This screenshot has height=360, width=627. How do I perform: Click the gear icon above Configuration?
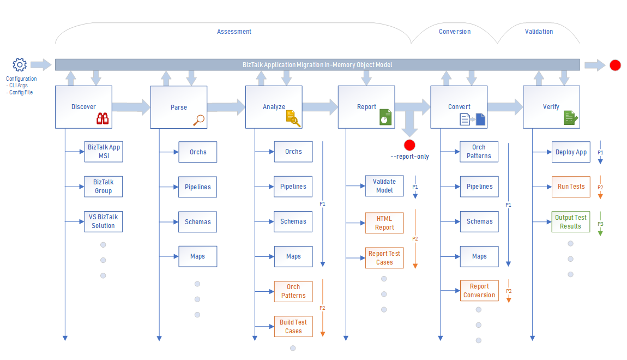click(20, 65)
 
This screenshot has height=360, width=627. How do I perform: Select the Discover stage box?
click(83, 107)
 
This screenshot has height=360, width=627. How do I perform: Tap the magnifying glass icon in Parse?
click(199, 119)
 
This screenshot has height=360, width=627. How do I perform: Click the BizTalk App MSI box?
click(104, 152)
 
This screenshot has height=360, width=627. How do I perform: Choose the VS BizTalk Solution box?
click(104, 221)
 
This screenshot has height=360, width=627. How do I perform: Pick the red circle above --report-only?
click(409, 145)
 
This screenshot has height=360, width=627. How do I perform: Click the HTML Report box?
click(384, 223)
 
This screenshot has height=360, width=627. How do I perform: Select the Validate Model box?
click(384, 186)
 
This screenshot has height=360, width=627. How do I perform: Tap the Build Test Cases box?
click(293, 326)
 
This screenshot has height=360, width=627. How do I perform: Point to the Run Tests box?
click(571, 187)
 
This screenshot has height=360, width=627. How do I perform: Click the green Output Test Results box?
click(571, 221)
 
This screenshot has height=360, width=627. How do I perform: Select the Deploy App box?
click(571, 152)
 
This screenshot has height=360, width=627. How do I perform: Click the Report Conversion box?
click(479, 291)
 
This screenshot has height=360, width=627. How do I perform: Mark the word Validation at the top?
click(539, 32)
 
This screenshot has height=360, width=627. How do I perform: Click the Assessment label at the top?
click(234, 32)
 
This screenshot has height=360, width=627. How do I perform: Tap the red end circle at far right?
click(615, 65)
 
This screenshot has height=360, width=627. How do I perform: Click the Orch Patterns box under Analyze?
click(293, 291)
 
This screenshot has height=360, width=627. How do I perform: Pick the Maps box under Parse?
click(198, 256)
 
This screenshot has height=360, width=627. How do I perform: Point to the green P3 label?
click(600, 224)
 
